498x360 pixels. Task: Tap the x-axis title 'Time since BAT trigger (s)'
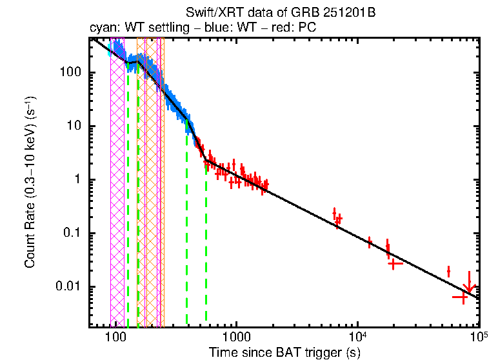click(284, 352)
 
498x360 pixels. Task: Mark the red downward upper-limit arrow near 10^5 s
click(470, 283)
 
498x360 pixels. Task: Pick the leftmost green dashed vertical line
click(128, 194)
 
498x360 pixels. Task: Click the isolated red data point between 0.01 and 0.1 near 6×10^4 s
click(448, 271)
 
